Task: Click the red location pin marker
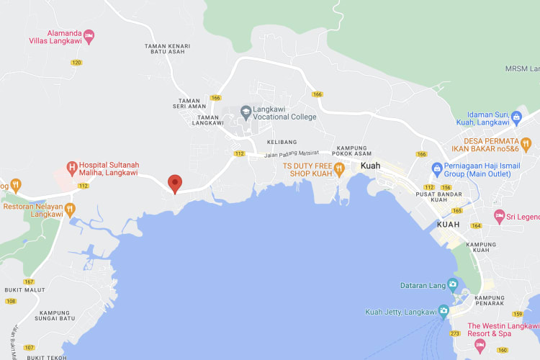click(x=174, y=184)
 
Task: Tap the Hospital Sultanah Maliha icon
click(x=71, y=168)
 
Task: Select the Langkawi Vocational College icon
click(x=246, y=112)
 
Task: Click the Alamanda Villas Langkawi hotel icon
click(x=89, y=34)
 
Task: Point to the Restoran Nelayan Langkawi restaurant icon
click(x=70, y=210)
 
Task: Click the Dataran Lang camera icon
click(x=452, y=284)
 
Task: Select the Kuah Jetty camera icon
click(x=444, y=312)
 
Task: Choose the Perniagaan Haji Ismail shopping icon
click(x=436, y=168)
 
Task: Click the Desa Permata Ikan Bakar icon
click(x=526, y=143)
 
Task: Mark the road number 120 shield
click(x=77, y=63)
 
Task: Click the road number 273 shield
click(x=456, y=333)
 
